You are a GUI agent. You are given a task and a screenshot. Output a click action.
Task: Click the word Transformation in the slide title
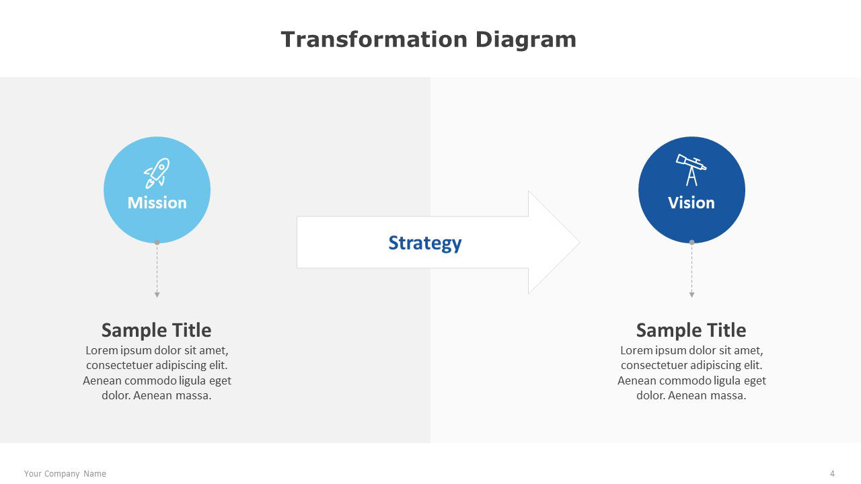pos(374,40)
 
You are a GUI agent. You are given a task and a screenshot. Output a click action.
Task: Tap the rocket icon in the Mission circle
pos(157,173)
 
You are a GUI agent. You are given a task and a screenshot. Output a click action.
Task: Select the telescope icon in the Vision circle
pos(691,170)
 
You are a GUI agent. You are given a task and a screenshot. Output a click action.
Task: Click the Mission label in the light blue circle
pos(157,203)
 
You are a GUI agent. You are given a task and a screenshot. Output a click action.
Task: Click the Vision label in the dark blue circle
pos(691,203)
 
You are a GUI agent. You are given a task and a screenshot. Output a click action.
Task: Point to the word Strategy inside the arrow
pos(424,243)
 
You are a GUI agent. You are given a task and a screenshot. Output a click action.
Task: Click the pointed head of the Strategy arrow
pos(579,243)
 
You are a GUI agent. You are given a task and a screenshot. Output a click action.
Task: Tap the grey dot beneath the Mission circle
pos(157,243)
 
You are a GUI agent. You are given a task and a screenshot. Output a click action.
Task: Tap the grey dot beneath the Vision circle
pos(692,243)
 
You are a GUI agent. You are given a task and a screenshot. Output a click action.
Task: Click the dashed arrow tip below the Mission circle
pos(157,297)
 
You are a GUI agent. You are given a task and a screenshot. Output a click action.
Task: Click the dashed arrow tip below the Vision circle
pos(692,297)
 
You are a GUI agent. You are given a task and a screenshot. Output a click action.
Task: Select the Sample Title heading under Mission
pos(157,330)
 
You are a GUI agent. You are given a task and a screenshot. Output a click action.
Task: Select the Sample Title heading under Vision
pos(691,330)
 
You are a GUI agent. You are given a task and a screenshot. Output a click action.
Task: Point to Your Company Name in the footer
pos(65,474)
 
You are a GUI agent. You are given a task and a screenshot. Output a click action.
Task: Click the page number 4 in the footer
pos(832,474)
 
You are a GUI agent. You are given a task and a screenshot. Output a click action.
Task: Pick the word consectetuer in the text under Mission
pos(118,365)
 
